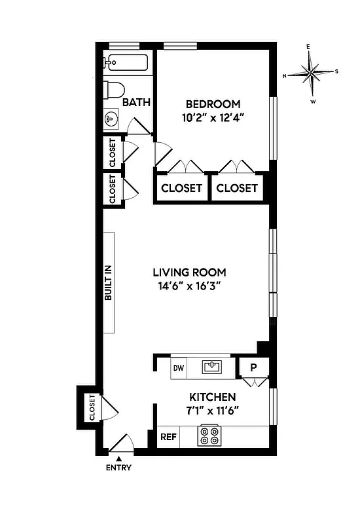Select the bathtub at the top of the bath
pyautogui.click(x=128, y=64)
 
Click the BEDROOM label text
pyautogui.click(x=213, y=104)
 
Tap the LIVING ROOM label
pyautogui.click(x=189, y=272)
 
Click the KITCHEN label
pyautogui.click(x=212, y=397)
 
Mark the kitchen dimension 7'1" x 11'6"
pyautogui.click(x=212, y=411)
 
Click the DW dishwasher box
pyautogui.click(x=178, y=368)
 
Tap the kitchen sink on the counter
pyautogui.click(x=211, y=367)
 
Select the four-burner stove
pyautogui.click(x=209, y=436)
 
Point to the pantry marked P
pyautogui.click(x=253, y=368)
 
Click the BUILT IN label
pyautogui.click(x=109, y=282)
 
